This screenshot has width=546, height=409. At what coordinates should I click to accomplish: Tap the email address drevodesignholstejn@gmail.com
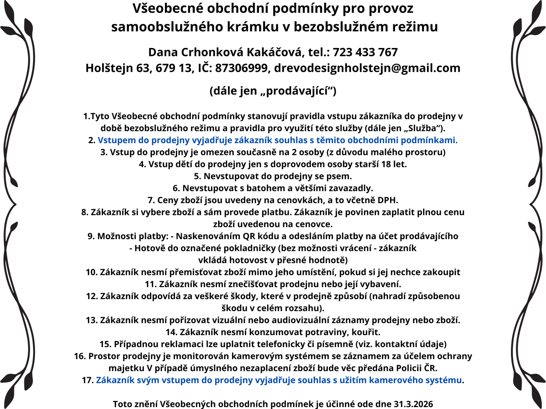point(367,68)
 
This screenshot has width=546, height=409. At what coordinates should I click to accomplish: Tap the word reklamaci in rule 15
point(182,344)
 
